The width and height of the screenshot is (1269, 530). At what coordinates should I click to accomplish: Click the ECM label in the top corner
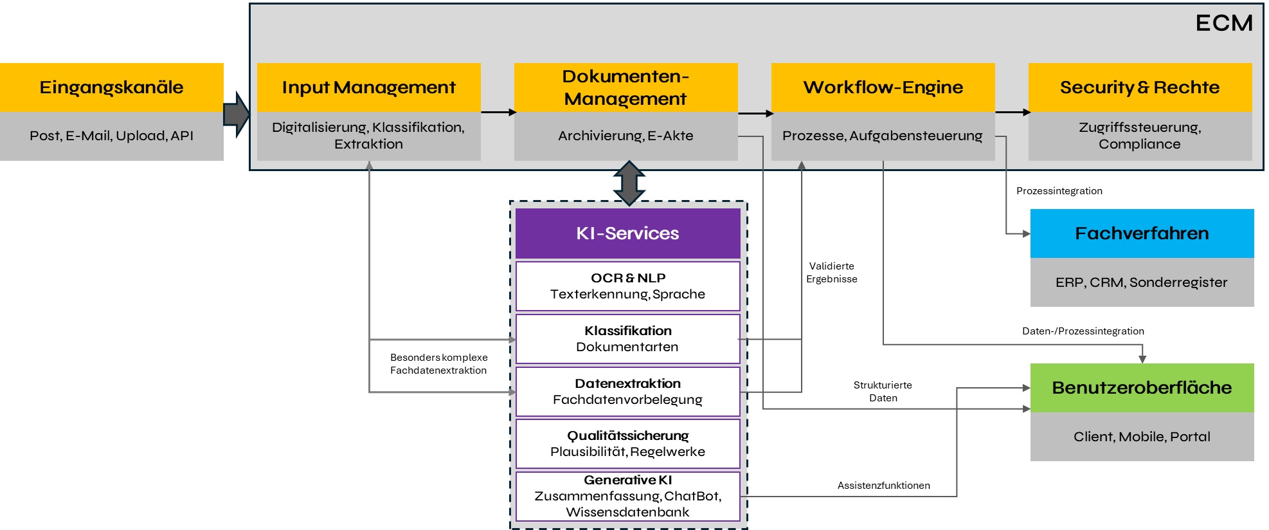click(x=1223, y=23)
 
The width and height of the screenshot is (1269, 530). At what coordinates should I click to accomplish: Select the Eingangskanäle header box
click(x=111, y=87)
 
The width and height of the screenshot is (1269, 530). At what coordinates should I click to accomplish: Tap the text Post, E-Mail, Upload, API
click(x=111, y=136)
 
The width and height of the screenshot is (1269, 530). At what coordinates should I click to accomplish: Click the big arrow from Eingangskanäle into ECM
click(x=236, y=114)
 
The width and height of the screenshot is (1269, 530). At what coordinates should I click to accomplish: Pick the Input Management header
click(x=368, y=87)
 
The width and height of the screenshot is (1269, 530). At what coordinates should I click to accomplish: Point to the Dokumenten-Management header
click(x=625, y=87)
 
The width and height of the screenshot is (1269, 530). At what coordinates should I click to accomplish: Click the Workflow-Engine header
click(x=883, y=87)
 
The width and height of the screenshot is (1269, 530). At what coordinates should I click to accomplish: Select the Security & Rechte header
click(x=1140, y=87)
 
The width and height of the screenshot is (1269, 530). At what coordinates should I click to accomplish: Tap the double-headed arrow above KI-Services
click(x=629, y=183)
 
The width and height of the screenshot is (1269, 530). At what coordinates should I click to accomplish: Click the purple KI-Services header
click(x=627, y=233)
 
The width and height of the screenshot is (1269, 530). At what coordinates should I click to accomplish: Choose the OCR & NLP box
click(x=627, y=286)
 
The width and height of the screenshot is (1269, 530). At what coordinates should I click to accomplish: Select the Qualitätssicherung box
click(x=627, y=444)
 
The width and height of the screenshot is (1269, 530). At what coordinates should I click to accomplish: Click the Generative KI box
click(x=627, y=496)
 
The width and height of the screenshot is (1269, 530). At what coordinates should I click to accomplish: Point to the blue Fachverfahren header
click(x=1142, y=233)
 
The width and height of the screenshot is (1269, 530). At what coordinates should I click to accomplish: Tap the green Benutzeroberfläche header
click(x=1142, y=388)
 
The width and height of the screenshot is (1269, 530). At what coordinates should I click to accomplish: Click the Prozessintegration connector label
click(x=1059, y=191)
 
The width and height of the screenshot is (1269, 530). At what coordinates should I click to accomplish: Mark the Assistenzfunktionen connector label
click(x=883, y=486)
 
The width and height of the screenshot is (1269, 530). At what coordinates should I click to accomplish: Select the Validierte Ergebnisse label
click(x=832, y=273)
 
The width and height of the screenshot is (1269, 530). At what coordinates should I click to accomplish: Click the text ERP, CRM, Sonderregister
click(x=1142, y=282)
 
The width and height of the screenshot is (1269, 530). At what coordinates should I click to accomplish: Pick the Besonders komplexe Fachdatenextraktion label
click(x=438, y=364)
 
